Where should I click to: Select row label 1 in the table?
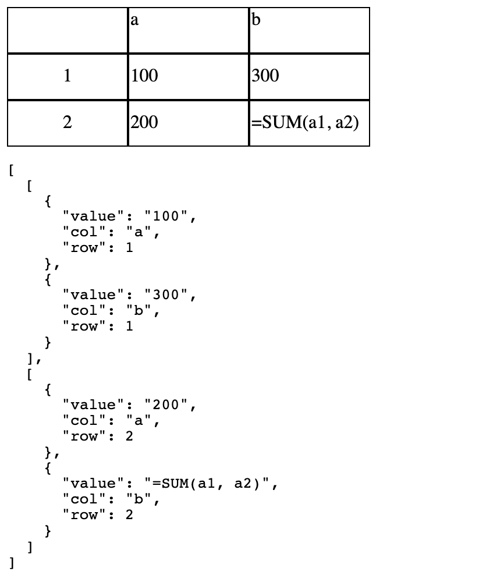point(68,76)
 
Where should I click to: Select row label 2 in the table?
point(68,122)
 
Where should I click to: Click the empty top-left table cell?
point(68,30)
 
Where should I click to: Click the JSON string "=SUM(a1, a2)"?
point(212,484)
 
